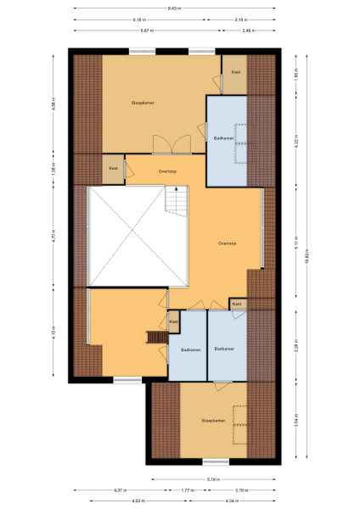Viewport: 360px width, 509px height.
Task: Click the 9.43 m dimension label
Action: tap(174, 8)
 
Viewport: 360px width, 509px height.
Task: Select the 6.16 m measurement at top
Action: tap(139, 20)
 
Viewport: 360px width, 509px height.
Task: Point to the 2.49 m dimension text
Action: tap(247, 31)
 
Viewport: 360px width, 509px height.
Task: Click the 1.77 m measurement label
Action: tap(186, 490)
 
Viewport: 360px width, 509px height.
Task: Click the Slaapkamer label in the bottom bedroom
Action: tap(212, 420)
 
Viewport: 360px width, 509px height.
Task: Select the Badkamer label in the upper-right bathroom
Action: tap(224, 138)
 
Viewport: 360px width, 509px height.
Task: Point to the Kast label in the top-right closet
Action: tap(234, 72)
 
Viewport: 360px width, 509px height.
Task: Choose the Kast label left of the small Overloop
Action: tap(113, 168)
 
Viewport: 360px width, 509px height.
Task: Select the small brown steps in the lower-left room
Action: tap(157, 338)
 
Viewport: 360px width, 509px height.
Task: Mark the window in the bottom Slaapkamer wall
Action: tap(214, 462)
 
